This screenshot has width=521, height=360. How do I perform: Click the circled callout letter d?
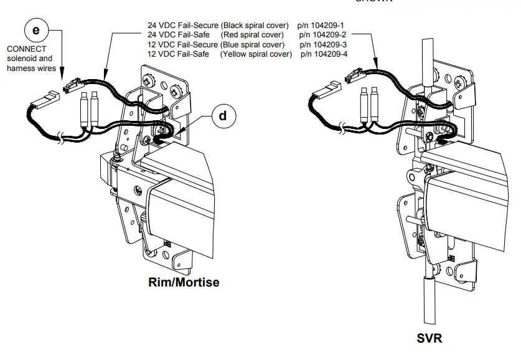(223, 116)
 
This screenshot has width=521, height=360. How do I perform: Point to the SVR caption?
(429, 339)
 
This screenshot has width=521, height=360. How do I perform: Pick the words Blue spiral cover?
(253, 44)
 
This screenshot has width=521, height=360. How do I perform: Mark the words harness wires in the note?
(31, 67)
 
